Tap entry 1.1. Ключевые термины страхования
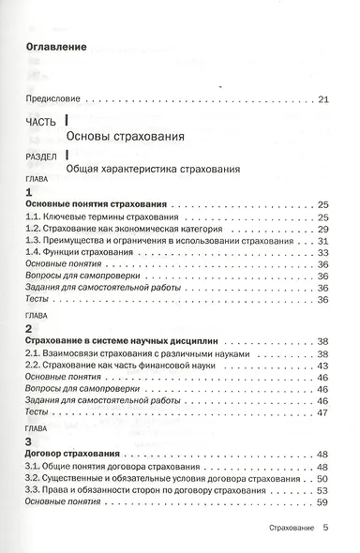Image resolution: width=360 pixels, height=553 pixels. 94,217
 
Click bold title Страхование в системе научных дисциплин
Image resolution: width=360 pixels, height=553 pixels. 116,342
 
